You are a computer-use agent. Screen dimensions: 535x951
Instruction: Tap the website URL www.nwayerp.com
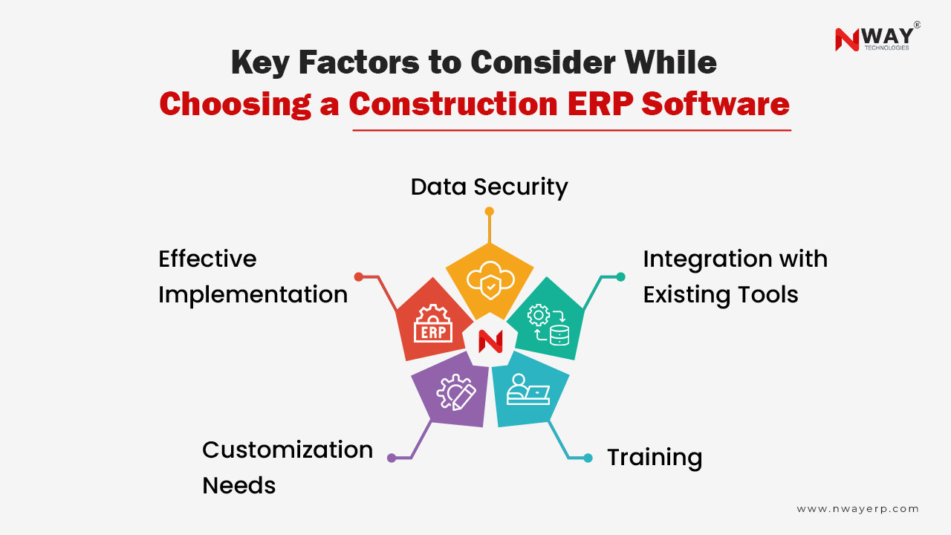tap(857, 509)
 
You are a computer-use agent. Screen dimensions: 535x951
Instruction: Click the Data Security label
tap(489, 187)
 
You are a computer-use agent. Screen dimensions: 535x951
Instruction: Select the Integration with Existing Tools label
tap(735, 276)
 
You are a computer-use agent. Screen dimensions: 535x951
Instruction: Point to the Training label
tap(654, 457)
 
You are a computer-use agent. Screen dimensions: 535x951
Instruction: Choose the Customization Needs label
tap(287, 467)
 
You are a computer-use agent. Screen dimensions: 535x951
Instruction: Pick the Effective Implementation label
tap(253, 276)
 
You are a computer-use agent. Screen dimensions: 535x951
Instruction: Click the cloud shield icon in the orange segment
tap(489, 279)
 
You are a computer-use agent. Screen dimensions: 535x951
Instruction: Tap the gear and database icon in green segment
tap(548, 325)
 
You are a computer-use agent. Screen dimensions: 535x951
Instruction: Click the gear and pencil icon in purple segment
tap(455, 392)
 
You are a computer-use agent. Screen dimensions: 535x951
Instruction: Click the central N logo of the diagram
tap(490, 341)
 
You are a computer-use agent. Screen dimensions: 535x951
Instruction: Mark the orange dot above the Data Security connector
tap(489, 212)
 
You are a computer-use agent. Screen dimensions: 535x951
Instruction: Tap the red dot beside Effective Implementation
tap(359, 276)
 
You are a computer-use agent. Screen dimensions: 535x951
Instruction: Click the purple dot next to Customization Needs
tap(392, 458)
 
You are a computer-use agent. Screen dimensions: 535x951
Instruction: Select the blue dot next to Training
tap(588, 458)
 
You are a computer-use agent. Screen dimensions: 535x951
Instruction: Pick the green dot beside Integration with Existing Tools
tap(620, 276)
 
